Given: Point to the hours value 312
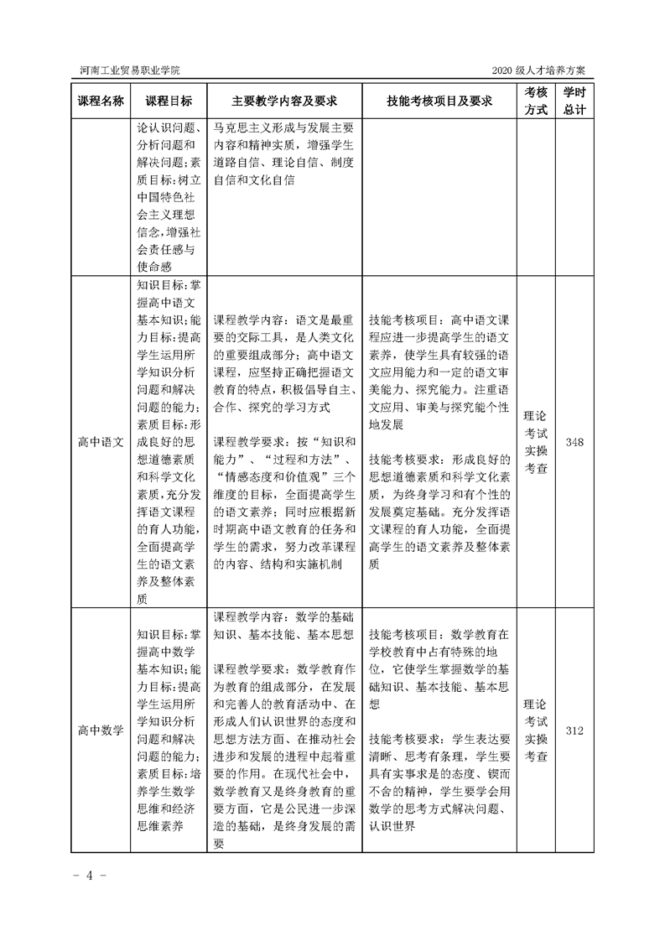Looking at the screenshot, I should coord(574,730).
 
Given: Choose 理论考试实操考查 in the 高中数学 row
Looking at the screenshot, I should coord(536,730).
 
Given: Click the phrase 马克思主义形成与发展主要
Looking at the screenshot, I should coord(284,128).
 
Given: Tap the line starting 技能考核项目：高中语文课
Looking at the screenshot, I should coord(439,320).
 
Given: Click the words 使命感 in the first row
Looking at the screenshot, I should coord(153,266).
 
